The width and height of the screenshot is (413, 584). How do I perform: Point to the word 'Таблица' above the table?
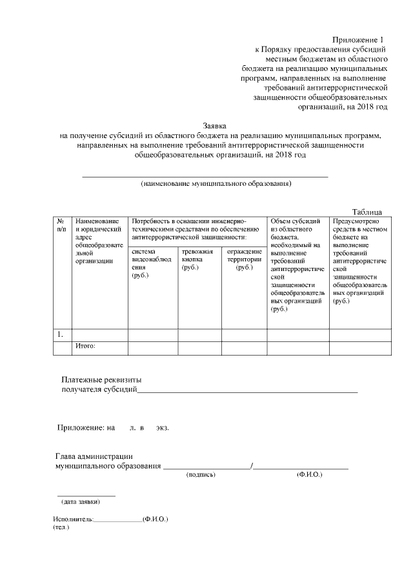367,212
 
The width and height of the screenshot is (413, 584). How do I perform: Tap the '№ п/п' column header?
61,225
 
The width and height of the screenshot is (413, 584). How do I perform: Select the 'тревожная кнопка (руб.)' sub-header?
197,259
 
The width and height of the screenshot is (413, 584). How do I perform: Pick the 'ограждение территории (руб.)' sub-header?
244,259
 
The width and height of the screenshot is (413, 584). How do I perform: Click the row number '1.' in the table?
60,334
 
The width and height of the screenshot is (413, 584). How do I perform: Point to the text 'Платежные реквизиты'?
101,379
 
